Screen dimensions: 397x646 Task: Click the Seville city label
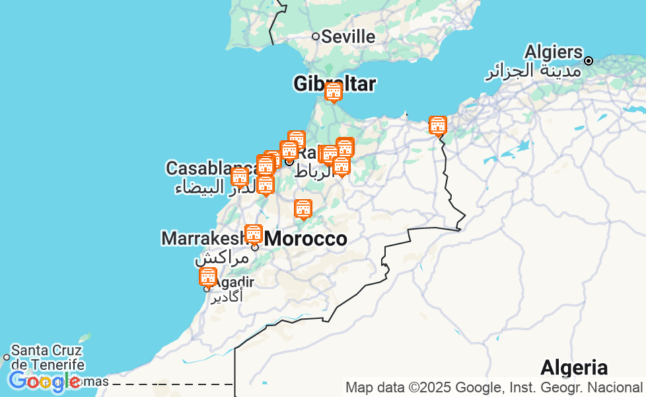pyautogui.click(x=349, y=36)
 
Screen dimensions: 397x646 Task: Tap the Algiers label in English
pyautogui.click(x=554, y=52)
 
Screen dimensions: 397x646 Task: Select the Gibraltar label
pyautogui.click(x=335, y=83)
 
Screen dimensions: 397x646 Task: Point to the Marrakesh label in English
pyautogui.click(x=202, y=238)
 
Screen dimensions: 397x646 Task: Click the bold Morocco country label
pyautogui.click(x=306, y=239)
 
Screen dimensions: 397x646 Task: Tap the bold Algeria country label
pyautogui.click(x=573, y=367)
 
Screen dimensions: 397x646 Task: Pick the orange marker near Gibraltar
pyautogui.click(x=334, y=92)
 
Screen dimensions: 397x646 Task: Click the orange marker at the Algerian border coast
pyautogui.click(x=437, y=126)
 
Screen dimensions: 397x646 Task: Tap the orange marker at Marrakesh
pyautogui.click(x=254, y=234)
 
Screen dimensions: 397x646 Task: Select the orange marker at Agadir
pyautogui.click(x=207, y=277)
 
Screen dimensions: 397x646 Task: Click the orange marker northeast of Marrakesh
pyautogui.click(x=303, y=209)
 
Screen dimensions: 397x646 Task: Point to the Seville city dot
pyautogui.click(x=316, y=36)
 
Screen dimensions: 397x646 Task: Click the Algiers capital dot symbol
pyautogui.click(x=588, y=61)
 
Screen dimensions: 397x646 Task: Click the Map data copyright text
pyautogui.click(x=493, y=388)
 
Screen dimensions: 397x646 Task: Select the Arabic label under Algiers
pyautogui.click(x=533, y=71)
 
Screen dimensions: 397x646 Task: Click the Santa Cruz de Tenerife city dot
pyautogui.click(x=7, y=357)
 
